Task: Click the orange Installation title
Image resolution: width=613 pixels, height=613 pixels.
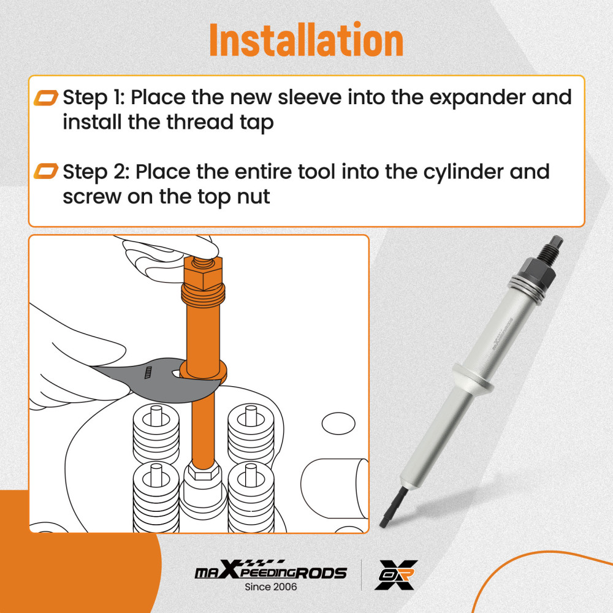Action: pos(306,41)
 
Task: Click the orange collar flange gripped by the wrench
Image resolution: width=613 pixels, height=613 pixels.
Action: pos(204,371)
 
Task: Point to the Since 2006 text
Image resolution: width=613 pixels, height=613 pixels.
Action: pos(270,587)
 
